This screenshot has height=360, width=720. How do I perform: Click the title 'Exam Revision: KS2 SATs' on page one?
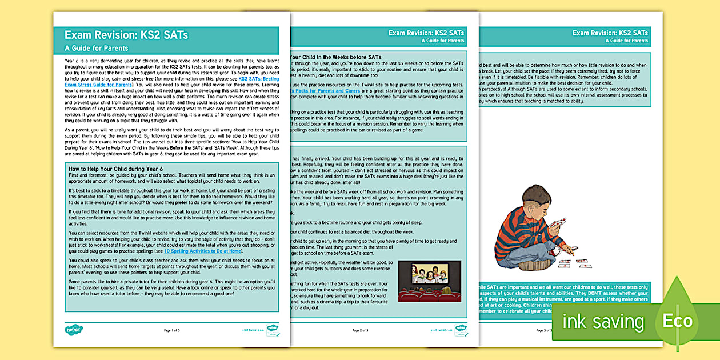pyautogui.click(x=126, y=35)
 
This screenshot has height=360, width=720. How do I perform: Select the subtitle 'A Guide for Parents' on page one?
pyautogui.click(x=96, y=49)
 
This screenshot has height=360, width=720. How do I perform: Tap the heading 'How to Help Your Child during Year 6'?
pyautogui.click(x=115, y=169)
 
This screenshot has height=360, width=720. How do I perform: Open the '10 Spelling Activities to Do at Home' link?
pyautogui.click(x=203, y=251)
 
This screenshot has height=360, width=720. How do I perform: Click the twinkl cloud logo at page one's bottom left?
pyautogui.click(x=74, y=330)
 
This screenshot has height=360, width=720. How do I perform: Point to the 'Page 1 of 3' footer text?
pyautogui.click(x=172, y=330)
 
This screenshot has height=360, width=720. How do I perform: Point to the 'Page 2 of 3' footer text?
pyautogui.click(x=360, y=330)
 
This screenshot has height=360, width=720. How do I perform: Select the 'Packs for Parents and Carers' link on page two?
pyautogui.click(x=326, y=91)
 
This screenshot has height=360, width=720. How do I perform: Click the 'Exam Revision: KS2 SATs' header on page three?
pyautogui.click(x=610, y=33)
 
